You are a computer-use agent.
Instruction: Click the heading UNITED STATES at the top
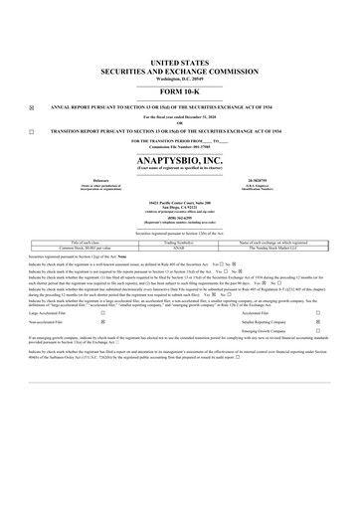point(179,62)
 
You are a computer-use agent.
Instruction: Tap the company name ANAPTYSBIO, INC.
point(179,159)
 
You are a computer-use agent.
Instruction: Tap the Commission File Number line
point(179,147)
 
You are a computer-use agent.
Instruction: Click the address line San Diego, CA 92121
point(179,206)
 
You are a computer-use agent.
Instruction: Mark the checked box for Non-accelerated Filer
point(103,322)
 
